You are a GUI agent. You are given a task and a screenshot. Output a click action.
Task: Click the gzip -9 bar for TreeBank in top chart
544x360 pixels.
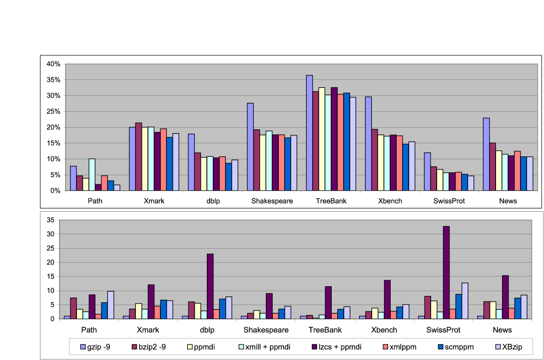pos(309,133)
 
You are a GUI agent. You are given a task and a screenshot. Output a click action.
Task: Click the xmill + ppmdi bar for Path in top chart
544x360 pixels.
pos(91,175)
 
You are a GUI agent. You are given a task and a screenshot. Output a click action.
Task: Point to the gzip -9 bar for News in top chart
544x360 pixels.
pos(486,154)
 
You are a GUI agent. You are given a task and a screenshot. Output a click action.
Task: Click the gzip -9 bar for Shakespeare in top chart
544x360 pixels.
pos(250,147)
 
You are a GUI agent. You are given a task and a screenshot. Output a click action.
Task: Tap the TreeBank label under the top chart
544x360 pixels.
pos(331,201)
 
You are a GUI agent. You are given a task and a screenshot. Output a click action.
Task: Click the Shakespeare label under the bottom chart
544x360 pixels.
pos(266,330)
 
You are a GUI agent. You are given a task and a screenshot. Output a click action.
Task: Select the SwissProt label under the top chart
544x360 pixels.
pos(449,201)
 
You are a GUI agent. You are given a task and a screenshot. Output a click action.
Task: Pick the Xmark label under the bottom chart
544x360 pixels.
pos(148,330)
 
